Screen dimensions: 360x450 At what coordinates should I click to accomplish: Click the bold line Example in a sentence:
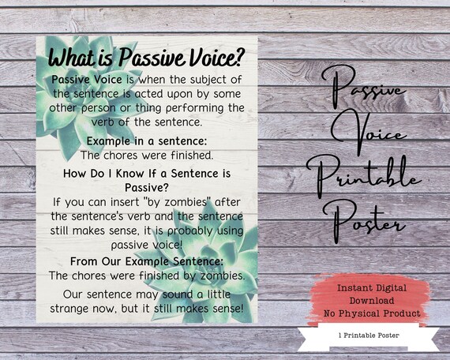(145, 140)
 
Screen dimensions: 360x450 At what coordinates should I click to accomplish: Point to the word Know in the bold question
(134, 173)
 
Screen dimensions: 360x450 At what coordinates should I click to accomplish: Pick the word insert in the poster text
(118, 202)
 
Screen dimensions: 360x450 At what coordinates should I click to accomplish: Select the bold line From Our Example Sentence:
(146, 261)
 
